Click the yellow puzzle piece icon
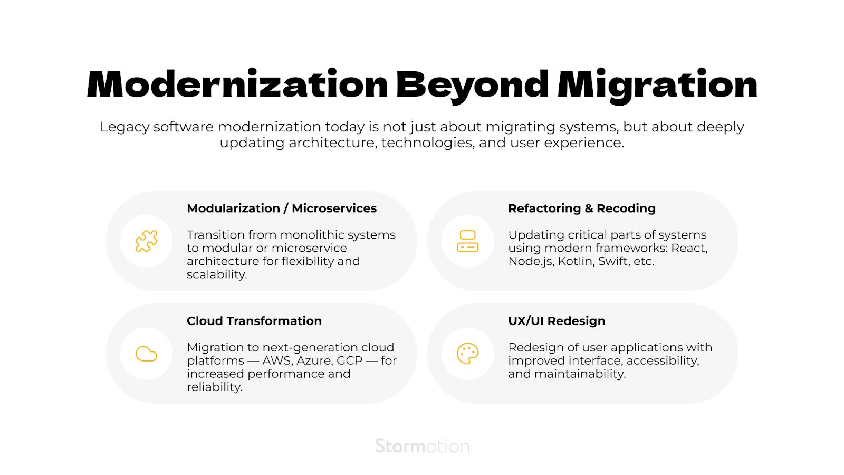tap(146, 241)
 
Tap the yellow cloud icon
tap(146, 354)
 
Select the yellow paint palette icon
tap(467, 354)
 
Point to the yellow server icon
tap(467, 241)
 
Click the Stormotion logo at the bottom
tap(422, 446)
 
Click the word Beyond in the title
tap(472, 84)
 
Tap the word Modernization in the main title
tap(237, 84)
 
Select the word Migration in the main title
tap(657, 84)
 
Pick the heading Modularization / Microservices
tap(282, 208)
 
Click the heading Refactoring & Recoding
tap(582, 208)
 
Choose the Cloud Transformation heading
tap(254, 321)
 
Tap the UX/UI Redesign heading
tap(557, 321)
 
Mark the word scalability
tap(216, 274)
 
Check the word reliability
tap(214, 387)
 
